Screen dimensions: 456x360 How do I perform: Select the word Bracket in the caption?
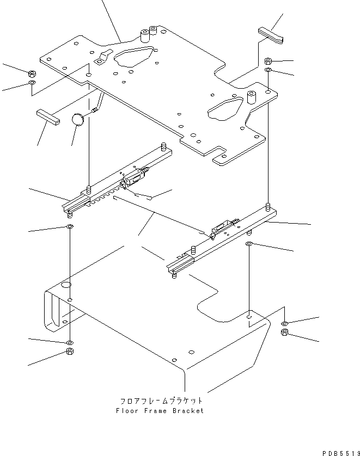point(188,411)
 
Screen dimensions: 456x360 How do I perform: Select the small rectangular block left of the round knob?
point(47,116)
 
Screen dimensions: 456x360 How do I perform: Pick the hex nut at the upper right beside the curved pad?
point(269,61)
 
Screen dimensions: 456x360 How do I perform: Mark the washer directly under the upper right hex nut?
point(269,71)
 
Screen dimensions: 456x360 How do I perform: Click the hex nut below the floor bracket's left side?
point(70,353)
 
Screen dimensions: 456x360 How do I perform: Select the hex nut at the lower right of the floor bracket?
point(284,332)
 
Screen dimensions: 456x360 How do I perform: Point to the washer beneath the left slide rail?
point(70,226)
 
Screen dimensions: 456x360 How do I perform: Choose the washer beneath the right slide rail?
point(249,243)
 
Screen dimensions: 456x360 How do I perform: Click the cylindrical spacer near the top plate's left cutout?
point(145,37)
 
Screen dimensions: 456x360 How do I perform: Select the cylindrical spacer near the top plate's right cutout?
point(252,97)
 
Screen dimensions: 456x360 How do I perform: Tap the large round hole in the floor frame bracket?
point(65,285)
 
